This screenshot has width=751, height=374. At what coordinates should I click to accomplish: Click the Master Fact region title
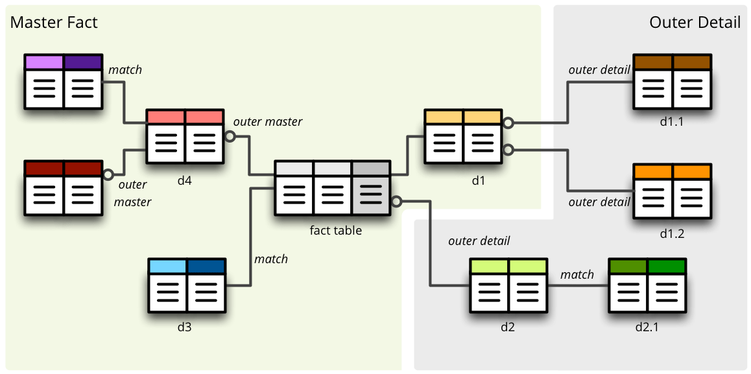(x=54, y=23)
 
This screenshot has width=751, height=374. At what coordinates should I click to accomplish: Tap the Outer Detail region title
(x=695, y=23)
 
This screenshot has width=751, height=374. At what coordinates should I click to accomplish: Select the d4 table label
(x=185, y=181)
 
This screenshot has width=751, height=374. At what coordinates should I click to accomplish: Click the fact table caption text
(x=335, y=230)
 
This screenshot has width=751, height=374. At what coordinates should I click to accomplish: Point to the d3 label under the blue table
(x=185, y=327)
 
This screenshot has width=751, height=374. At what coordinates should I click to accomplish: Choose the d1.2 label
(x=671, y=233)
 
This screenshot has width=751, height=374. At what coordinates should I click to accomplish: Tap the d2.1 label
(x=647, y=327)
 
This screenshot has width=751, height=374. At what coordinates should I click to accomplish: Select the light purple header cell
(x=44, y=62)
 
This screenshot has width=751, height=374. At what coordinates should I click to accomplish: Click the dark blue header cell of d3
(x=206, y=266)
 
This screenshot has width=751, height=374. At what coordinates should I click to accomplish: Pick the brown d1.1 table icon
(x=672, y=82)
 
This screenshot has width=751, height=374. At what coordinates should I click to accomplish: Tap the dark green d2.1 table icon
(x=647, y=286)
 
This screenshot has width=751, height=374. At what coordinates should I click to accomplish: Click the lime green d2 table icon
(x=508, y=286)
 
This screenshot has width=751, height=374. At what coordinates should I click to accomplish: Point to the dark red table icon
(x=63, y=188)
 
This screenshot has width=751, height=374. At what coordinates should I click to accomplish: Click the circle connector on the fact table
(x=397, y=201)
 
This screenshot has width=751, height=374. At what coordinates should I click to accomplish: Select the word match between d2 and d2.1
(x=577, y=274)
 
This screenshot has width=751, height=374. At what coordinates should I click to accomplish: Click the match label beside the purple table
(x=125, y=69)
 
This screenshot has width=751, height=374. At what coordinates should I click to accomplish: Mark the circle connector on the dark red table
(x=108, y=174)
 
